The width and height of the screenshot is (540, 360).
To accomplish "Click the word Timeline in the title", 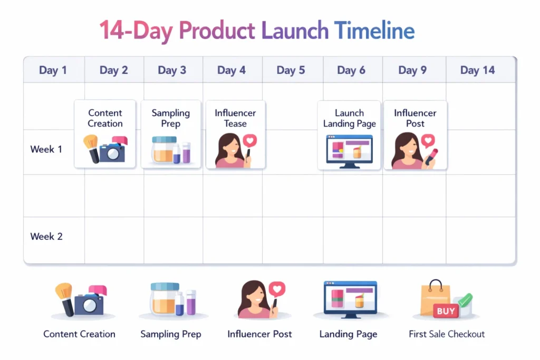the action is [x=374, y=30].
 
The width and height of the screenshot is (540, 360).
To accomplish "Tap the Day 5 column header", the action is [x=291, y=70].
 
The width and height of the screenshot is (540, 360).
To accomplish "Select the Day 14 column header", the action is [x=477, y=70].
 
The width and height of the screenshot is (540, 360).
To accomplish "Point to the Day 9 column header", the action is [x=412, y=70].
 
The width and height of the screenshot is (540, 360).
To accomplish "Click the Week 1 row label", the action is [x=46, y=149].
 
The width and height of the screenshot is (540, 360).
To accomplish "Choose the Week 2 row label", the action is [x=46, y=237].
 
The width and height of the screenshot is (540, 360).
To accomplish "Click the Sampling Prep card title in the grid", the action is [x=171, y=118].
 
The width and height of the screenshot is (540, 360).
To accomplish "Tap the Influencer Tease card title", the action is [x=235, y=118].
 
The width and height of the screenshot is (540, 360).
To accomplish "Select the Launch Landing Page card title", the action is [x=350, y=118].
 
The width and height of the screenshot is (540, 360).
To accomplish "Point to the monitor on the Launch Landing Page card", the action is [x=350, y=151].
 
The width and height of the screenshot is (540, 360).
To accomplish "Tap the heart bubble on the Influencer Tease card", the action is [x=250, y=141].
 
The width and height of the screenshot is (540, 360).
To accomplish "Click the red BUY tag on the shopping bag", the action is [x=446, y=311].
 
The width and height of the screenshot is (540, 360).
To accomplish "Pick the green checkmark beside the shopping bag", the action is [x=465, y=300].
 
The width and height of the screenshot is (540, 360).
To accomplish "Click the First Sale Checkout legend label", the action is [x=447, y=334].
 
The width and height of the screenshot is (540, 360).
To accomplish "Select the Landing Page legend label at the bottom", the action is [x=348, y=334].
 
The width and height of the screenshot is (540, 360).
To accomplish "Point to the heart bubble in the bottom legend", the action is [x=277, y=289].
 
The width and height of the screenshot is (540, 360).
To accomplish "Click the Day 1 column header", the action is [x=53, y=70].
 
